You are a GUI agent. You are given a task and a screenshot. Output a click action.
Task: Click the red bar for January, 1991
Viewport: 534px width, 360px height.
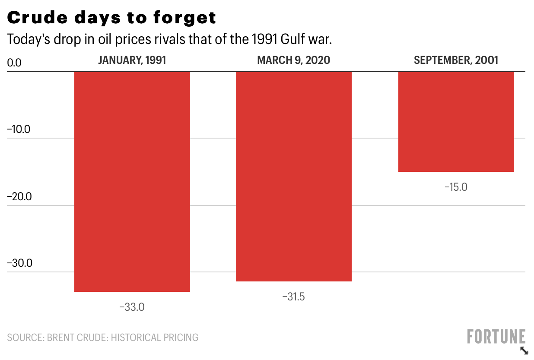132,181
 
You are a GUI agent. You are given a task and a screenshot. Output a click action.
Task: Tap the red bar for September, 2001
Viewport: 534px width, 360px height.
456,121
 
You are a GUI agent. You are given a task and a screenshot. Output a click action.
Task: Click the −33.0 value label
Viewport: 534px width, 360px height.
132,307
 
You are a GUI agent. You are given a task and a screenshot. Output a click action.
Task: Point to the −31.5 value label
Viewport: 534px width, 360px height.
293,297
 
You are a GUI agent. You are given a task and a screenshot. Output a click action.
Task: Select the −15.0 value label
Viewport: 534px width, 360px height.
456,187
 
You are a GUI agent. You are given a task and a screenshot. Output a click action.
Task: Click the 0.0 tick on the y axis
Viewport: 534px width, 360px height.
14,63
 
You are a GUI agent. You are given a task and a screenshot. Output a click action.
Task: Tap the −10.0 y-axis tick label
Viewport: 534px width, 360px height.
19,129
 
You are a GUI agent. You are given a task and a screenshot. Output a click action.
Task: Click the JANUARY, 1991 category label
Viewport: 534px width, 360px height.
132,60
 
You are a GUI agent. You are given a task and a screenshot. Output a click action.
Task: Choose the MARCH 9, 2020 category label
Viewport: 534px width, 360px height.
293,60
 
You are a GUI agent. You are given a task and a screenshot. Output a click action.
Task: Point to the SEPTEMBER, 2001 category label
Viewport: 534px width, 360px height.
456,60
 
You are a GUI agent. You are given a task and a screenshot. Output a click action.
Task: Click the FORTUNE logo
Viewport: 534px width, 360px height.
496,337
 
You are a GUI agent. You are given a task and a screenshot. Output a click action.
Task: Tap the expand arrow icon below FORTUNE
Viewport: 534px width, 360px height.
524,351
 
